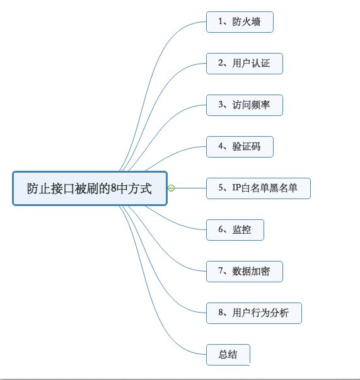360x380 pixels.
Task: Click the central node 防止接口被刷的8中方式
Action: (90, 188)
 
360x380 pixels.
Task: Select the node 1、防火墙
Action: (240, 22)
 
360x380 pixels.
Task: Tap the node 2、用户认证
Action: (245, 64)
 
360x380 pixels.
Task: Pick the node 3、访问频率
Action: (245, 105)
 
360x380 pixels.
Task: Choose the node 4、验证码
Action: (240, 147)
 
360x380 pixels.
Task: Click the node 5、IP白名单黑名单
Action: (258, 188)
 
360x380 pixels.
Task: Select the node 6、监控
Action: (235, 230)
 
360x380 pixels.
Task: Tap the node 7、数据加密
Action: (245, 272)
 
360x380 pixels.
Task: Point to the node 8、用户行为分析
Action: (254, 313)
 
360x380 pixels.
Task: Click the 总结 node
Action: (228, 355)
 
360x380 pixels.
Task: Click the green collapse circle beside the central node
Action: (171, 188)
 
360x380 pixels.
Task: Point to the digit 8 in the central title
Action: (113, 188)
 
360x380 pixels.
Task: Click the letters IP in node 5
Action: (236, 188)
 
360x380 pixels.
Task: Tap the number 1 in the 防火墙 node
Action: (221, 21)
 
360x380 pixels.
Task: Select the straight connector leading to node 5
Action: (190, 188)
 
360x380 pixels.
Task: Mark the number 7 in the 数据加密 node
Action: (221, 271)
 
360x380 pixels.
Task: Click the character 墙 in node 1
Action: (256, 21)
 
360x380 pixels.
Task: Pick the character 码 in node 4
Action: (256, 146)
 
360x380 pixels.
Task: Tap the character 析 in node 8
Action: (284, 313)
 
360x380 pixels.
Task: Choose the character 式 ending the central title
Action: (146, 188)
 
